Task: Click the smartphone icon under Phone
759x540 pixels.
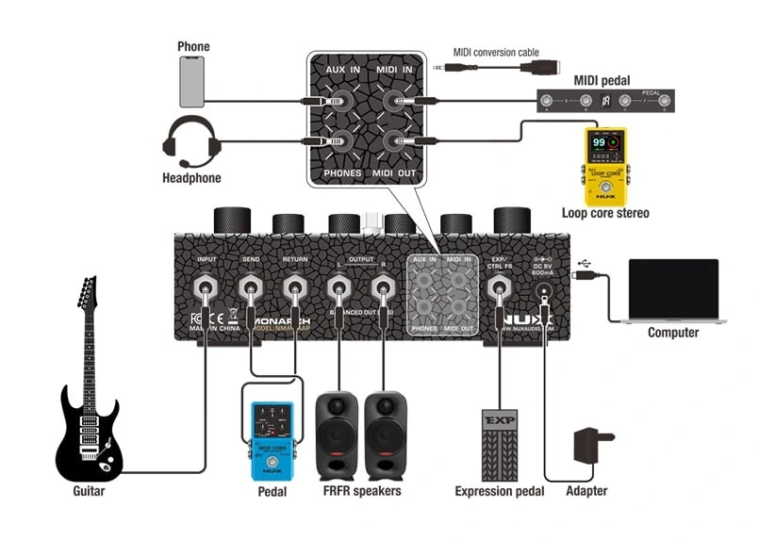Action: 192,81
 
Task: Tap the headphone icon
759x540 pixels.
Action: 191,140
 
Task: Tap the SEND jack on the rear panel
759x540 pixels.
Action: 250,286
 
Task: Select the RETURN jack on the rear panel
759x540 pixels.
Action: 295,286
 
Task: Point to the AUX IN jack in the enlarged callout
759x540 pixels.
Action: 337,99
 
